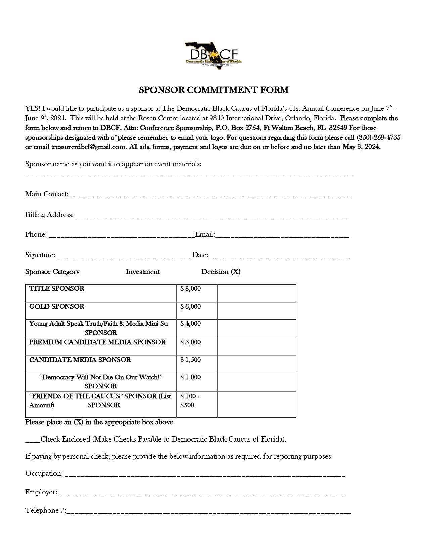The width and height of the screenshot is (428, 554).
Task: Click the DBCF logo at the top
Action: click(x=213, y=56)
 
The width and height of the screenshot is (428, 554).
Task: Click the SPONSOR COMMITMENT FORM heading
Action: click(x=213, y=90)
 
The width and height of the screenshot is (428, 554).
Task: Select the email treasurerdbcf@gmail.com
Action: click(x=89, y=147)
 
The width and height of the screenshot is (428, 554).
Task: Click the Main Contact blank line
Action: click(x=211, y=195)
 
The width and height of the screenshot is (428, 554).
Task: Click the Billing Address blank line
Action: click(x=212, y=215)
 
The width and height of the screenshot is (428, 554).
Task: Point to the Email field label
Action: click(x=205, y=235)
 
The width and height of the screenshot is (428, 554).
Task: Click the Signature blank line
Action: click(x=125, y=255)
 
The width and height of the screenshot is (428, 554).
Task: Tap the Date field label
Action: click(x=200, y=255)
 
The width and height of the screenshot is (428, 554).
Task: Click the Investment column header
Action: click(x=143, y=272)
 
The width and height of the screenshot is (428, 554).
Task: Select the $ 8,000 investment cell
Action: click(x=196, y=293)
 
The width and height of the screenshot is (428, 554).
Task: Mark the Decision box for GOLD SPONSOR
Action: click(x=256, y=311)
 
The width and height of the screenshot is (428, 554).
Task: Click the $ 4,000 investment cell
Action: click(x=196, y=328)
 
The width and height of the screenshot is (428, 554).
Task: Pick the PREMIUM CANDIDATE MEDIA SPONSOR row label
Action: click(x=97, y=342)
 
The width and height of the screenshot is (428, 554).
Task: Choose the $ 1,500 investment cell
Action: click(x=196, y=364)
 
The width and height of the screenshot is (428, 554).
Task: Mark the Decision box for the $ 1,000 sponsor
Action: click(x=256, y=382)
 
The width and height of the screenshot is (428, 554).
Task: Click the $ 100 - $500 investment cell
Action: click(x=196, y=404)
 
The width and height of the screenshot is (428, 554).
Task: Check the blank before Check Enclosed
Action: click(x=33, y=440)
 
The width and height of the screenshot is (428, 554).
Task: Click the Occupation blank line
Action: click(x=205, y=474)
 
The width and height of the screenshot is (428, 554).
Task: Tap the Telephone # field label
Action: click(x=46, y=511)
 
